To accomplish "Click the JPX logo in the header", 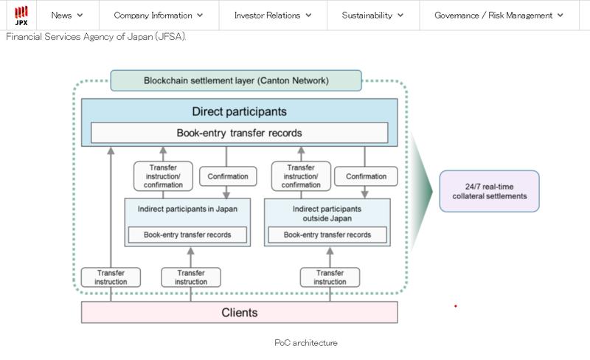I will (x=21, y=15).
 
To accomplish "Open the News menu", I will (x=67, y=15).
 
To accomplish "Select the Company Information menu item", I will (x=158, y=15).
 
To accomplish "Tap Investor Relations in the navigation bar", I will (x=273, y=15).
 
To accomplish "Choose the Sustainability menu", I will (x=372, y=15).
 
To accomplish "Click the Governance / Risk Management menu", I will (x=499, y=15).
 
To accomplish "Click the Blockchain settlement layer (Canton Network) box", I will (x=236, y=80).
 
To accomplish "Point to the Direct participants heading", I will (x=239, y=112).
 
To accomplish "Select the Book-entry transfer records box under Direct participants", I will (x=239, y=134).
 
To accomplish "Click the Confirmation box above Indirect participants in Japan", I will (x=227, y=176).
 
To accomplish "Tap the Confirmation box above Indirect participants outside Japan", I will (x=366, y=176).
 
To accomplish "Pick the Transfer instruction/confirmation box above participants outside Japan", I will (x=300, y=176).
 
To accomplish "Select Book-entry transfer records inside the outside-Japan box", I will (x=327, y=235).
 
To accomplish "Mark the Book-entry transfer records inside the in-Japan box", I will (x=187, y=235).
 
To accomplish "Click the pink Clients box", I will (x=239, y=312).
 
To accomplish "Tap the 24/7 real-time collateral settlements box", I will (x=489, y=192).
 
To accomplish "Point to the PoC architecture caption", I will (x=306, y=343).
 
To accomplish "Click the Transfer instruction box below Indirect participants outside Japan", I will (x=330, y=277).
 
